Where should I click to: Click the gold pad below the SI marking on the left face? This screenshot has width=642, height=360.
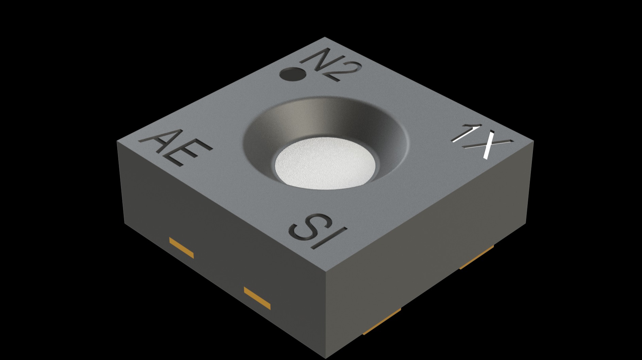coord(257,298)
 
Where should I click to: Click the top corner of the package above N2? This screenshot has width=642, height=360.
coord(325,37)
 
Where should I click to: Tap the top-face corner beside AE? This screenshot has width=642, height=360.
coord(117,141)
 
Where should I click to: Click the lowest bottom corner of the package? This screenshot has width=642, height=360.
coord(326,358)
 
